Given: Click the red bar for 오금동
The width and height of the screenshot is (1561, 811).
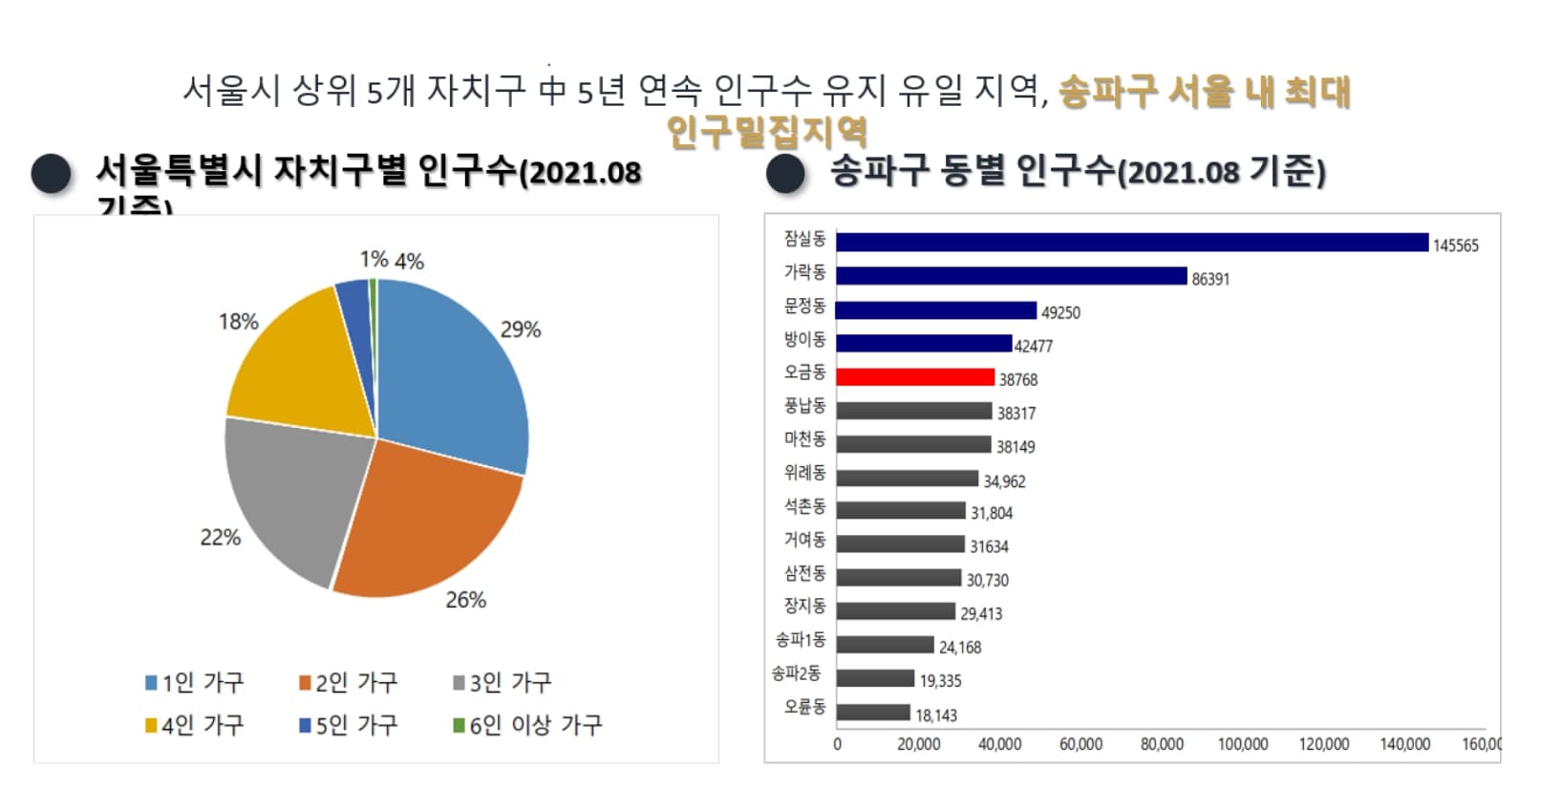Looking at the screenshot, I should pyautogui.click(x=914, y=377).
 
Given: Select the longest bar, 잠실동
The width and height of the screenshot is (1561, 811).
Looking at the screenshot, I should pyautogui.click(x=1132, y=243).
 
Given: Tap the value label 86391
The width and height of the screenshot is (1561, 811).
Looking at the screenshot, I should pyautogui.click(x=1210, y=279).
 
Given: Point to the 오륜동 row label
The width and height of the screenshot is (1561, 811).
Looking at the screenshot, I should pyautogui.click(x=804, y=707).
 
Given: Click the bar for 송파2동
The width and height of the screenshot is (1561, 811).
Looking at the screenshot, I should pyautogui.click(x=875, y=678).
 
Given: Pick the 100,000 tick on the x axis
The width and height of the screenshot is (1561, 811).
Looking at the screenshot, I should pyautogui.click(x=1243, y=744).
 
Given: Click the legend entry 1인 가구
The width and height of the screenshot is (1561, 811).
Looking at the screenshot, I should pyautogui.click(x=195, y=682).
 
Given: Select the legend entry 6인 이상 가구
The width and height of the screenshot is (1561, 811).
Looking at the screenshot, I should pyautogui.click(x=527, y=725).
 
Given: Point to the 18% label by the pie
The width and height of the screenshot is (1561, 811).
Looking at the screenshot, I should pyautogui.click(x=238, y=322).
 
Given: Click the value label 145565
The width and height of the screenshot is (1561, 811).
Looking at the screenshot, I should pyautogui.click(x=1455, y=245).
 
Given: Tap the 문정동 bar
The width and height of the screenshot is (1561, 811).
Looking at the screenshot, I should pyautogui.click(x=936, y=310).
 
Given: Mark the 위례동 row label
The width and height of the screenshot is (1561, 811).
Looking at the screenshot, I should pyautogui.click(x=804, y=473).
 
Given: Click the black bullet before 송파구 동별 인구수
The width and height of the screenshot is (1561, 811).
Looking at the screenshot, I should pyautogui.click(x=786, y=173).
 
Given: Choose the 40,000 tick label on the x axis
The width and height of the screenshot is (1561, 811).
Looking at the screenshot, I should pyautogui.click(x=999, y=744).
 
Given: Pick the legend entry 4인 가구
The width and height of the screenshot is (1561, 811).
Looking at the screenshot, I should pyautogui.click(x=195, y=725).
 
